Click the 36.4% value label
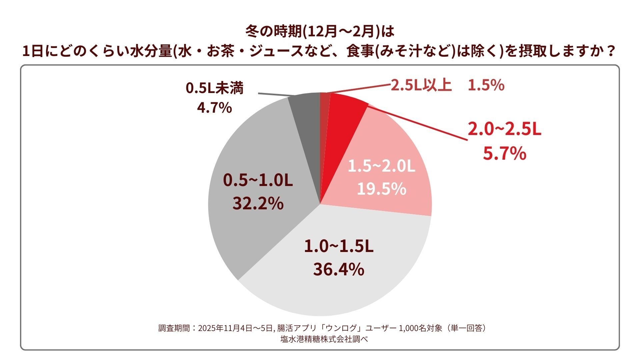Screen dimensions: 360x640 tap(338, 269)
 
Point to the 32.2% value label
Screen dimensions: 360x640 tap(258, 203)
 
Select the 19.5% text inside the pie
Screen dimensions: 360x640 tap(381, 189)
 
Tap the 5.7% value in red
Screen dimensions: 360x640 tap(504, 154)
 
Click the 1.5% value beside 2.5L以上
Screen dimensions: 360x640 tap(486, 86)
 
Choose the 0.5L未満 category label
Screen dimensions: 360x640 tap(214, 88)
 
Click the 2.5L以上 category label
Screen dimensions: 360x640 tap(421, 86)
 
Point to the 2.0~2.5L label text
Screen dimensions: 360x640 tap(504, 129)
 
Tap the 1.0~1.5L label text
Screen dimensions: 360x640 tap(338, 247)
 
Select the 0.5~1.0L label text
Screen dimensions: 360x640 tap(258, 181)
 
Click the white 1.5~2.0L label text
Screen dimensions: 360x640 tap(381, 166)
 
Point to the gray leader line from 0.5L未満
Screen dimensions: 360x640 tap(273, 94)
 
